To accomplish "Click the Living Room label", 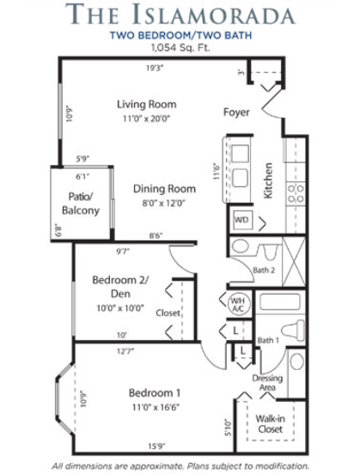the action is point(147,104).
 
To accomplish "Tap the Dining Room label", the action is point(164,189).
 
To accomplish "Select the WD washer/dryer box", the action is point(241,220).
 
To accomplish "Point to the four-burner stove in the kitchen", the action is point(296,193).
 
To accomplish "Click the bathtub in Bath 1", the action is point(280,301).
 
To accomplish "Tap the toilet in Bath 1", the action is point(293,331).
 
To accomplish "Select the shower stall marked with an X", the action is point(294,262).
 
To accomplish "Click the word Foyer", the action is point(236,112).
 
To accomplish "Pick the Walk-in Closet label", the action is point(270,424).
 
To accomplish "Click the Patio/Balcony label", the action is point(81,204).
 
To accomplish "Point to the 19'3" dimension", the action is point(155,68).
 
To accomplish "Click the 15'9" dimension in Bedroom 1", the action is point(156,447).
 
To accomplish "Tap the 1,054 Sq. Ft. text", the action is point(180,47).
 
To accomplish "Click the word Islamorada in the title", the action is point(213,15).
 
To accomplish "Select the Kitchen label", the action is point(268,180).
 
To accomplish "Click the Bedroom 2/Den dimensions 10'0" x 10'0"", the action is point(120,308).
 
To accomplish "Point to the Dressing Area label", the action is point(267,383).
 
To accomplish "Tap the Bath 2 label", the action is point(264,270).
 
